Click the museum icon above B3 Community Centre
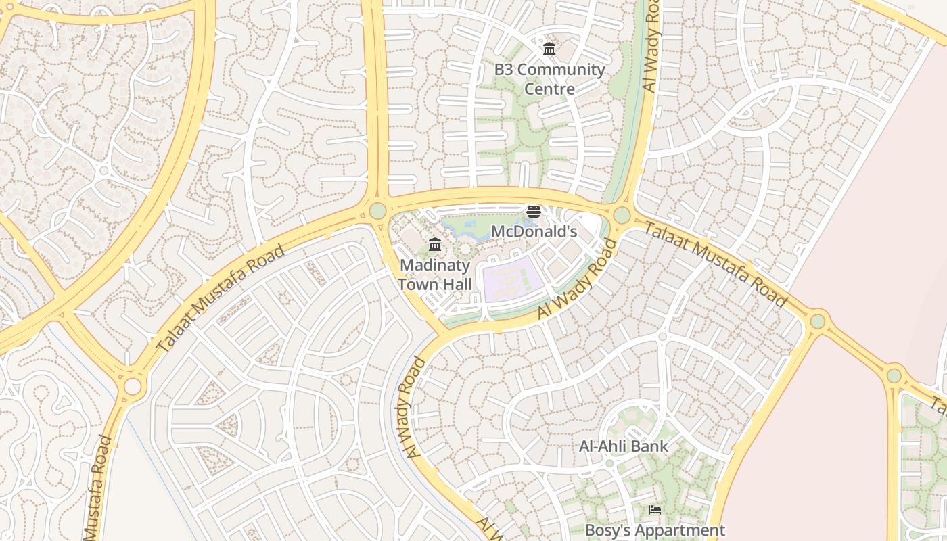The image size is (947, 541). (549, 49)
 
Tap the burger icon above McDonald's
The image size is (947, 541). (533, 212)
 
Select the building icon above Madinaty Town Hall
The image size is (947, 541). (435, 244)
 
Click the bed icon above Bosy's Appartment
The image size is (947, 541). (654, 510)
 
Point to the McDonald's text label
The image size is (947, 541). (533, 231)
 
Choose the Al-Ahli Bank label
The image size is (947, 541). (623, 446)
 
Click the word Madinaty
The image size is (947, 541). (435, 265)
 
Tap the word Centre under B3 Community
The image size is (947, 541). (550, 89)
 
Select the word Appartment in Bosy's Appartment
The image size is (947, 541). (683, 530)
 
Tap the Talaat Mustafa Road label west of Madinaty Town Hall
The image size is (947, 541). (221, 298)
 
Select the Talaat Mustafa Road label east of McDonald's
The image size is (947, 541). (715, 264)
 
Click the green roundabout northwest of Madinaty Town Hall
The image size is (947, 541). (377, 211)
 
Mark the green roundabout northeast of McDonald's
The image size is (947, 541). (621, 215)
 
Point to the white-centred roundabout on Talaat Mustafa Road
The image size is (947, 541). (133, 386)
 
